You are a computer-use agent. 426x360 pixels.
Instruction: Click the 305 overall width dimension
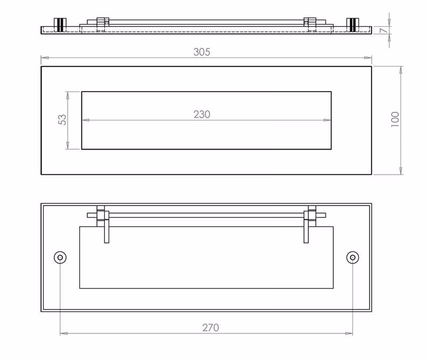point(202,52)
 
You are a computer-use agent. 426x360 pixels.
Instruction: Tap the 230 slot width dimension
point(202,114)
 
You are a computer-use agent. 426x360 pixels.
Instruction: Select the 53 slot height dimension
point(62,120)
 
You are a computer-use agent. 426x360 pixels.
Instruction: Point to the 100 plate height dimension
point(395,119)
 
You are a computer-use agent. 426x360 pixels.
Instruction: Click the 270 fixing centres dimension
point(210,328)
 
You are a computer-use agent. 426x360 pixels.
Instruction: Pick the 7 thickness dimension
point(383,30)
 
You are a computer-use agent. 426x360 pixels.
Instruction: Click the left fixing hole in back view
point(60,257)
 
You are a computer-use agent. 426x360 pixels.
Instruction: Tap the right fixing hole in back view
point(353,257)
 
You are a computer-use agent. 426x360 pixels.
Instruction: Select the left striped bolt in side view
point(60,24)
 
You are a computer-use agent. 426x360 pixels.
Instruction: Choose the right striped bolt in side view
point(353,24)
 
